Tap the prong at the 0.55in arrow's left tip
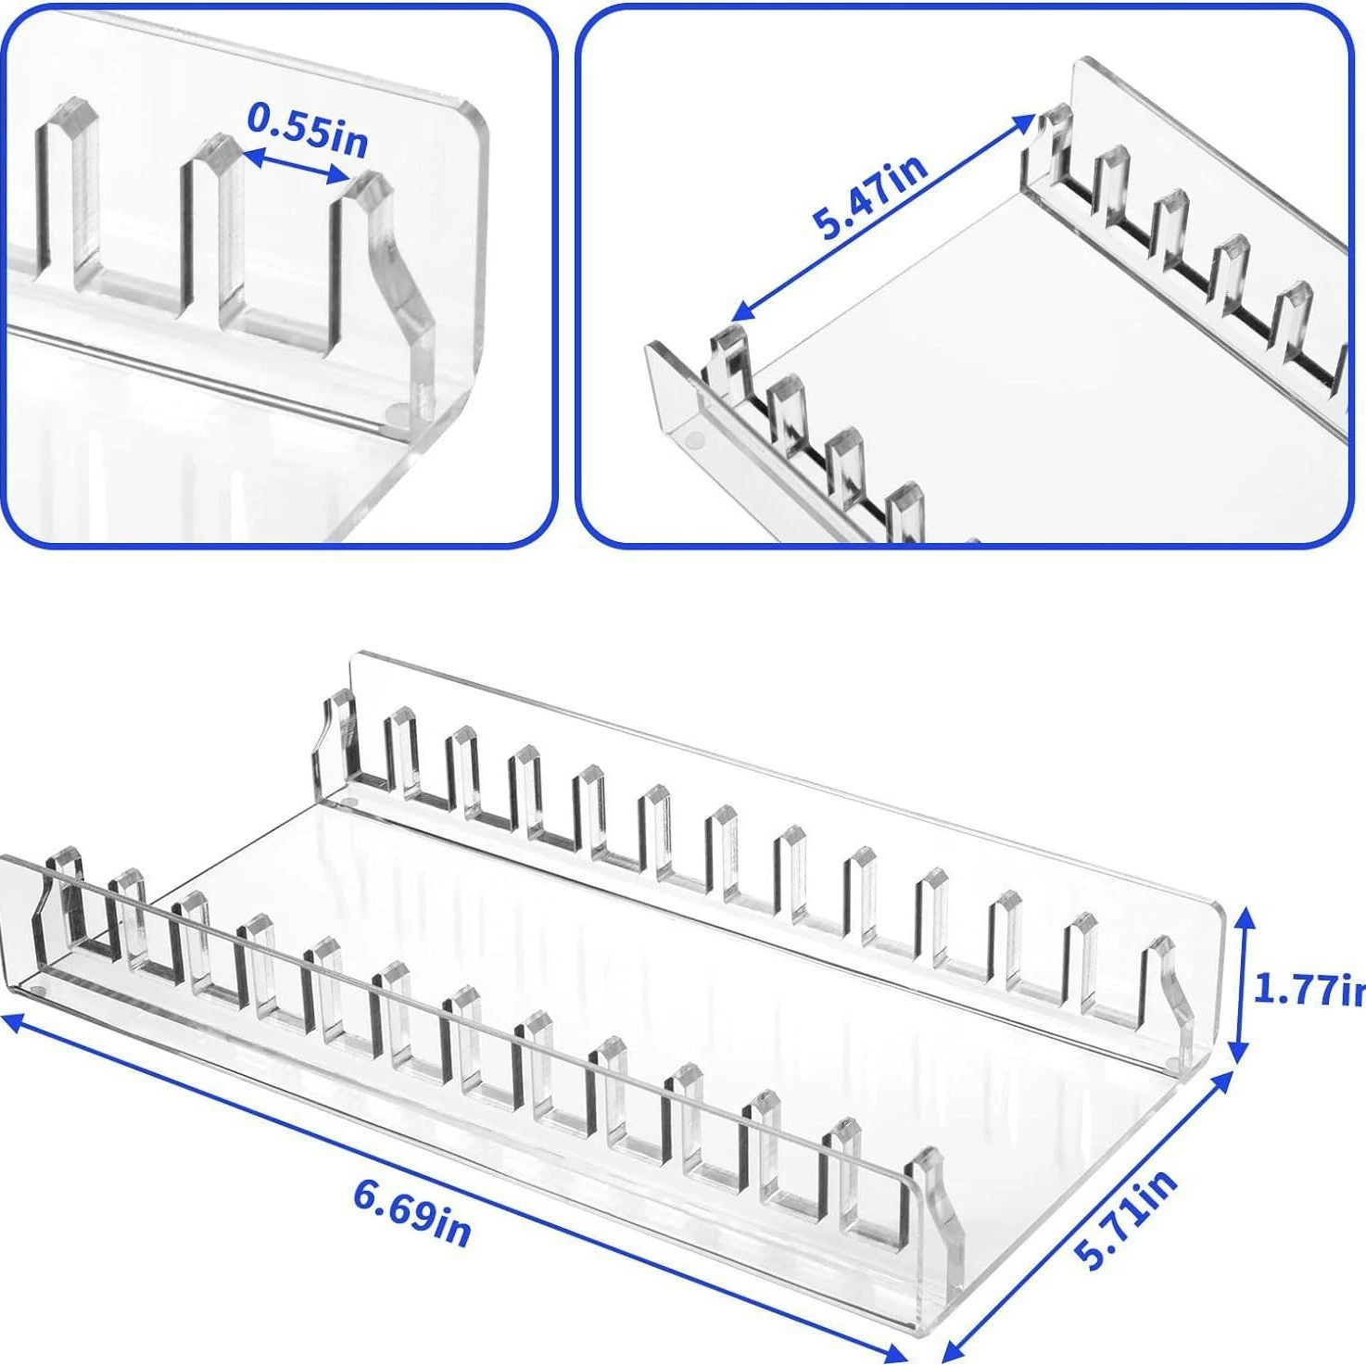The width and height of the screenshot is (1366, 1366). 209,227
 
